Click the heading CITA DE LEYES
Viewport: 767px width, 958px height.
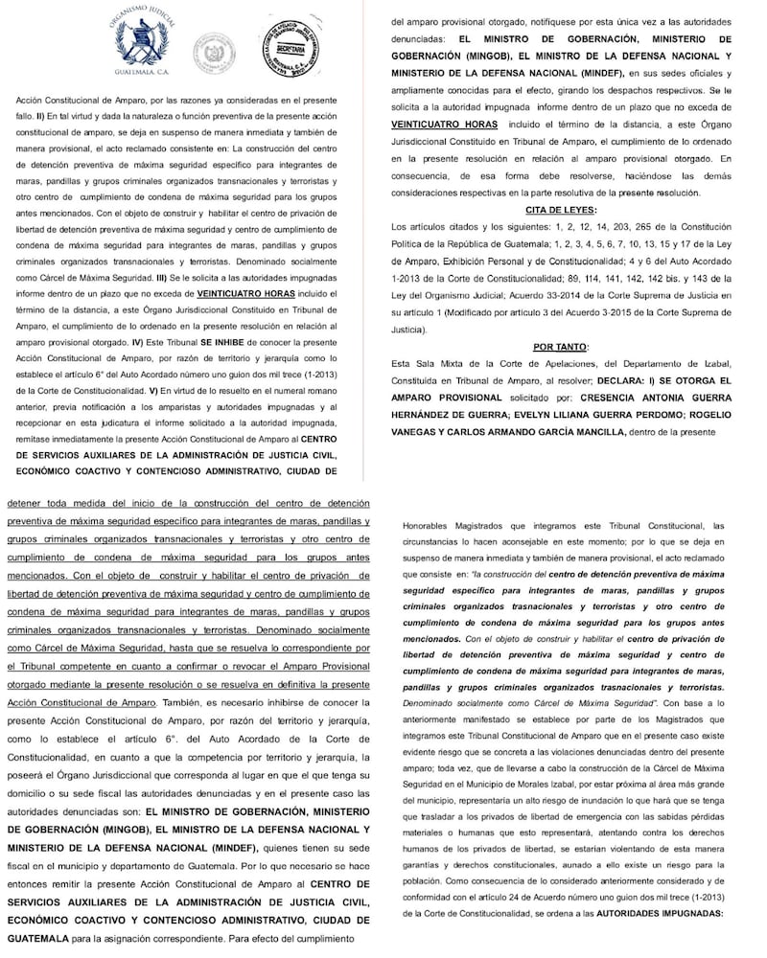coord(561,209)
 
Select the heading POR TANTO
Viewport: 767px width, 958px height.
coord(561,346)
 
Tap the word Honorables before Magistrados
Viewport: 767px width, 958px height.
coord(434,526)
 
